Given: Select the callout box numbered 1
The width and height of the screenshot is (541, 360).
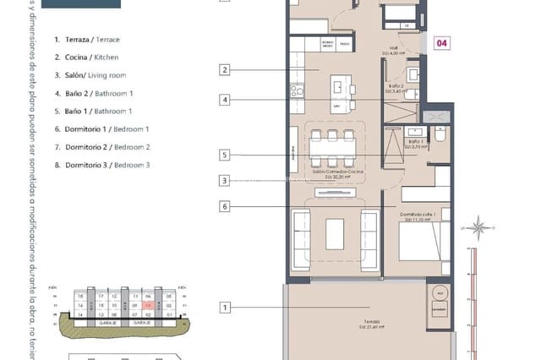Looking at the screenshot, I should coord(225,308).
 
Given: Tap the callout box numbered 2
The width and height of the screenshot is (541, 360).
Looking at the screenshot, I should coord(225,70).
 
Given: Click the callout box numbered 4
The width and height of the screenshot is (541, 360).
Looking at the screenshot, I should coord(225,100).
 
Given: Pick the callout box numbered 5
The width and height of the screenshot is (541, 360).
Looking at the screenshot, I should coord(225,155).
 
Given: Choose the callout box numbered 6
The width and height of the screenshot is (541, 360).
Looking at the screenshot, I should coord(225,205).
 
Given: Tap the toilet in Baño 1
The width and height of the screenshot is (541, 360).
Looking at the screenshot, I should coord(439,135).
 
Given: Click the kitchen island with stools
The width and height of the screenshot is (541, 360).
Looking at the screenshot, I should coord(341,88).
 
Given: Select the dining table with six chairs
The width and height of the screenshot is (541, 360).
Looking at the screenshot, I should coord(331,150).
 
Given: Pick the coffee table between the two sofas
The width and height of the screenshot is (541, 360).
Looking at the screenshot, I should coord(335,232).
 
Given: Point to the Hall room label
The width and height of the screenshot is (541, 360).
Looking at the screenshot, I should coord(393,52).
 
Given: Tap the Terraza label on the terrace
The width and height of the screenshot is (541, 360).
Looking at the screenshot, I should coord(368,323).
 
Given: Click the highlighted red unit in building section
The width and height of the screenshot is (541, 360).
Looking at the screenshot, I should coord(148,306).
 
